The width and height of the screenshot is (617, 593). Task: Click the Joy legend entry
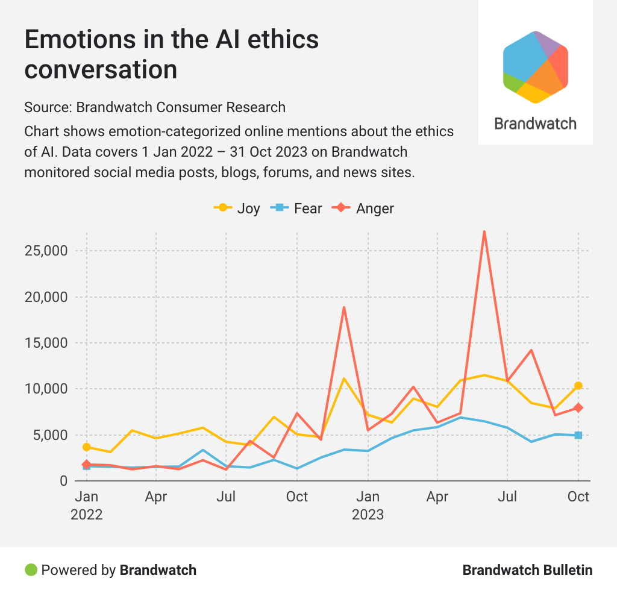(x=237, y=209)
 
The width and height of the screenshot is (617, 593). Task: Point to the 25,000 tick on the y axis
(x=46, y=251)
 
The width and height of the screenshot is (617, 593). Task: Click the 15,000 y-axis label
(x=46, y=343)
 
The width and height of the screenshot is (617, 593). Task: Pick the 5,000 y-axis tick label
(x=50, y=435)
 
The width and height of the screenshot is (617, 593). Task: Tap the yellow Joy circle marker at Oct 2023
(x=578, y=386)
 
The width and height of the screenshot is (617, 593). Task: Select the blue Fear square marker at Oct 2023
(x=578, y=435)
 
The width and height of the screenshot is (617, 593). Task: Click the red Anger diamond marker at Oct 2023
(x=578, y=408)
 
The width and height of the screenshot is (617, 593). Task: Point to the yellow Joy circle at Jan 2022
(x=87, y=447)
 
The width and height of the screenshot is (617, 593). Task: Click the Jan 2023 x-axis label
(x=368, y=505)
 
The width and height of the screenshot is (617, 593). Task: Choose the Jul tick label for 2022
(x=226, y=497)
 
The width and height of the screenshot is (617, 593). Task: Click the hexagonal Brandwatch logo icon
(x=536, y=67)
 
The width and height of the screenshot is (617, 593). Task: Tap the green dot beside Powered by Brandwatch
(x=31, y=569)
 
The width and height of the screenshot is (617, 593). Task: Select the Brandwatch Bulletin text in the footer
(x=527, y=570)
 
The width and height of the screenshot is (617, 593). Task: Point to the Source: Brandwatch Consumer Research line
(x=155, y=107)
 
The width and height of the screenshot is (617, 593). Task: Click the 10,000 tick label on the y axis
(x=46, y=389)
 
